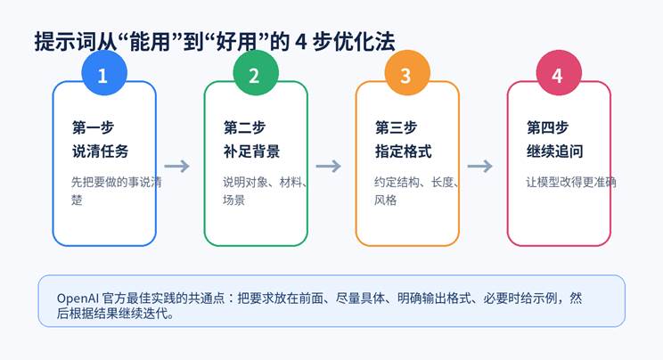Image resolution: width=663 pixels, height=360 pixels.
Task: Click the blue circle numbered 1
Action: click(x=102, y=76)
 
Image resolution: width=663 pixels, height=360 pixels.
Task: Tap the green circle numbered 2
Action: click(x=254, y=76)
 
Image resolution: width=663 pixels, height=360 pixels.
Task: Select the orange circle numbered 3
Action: click(x=405, y=76)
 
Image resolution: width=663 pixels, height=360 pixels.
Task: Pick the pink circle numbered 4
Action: click(x=557, y=76)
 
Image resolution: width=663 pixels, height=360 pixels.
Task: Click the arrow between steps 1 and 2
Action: click(x=178, y=166)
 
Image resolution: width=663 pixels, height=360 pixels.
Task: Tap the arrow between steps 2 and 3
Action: click(x=330, y=166)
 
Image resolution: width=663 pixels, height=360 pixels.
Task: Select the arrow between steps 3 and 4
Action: click(x=481, y=166)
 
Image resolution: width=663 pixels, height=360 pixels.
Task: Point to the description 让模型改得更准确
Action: click(x=571, y=183)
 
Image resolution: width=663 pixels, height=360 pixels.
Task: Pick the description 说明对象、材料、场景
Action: click(x=265, y=191)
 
